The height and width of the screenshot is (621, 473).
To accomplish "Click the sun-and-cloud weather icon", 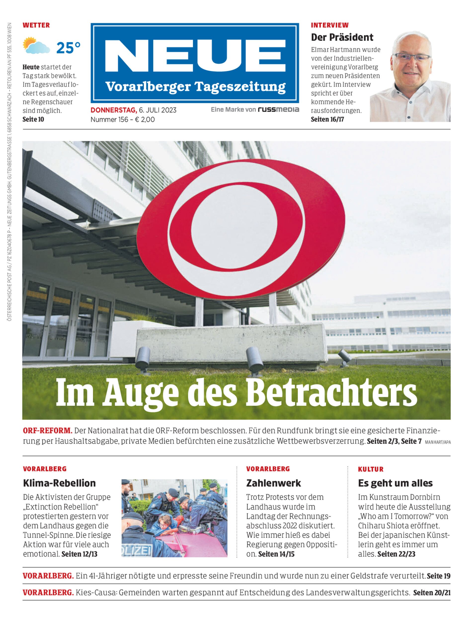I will [36, 46].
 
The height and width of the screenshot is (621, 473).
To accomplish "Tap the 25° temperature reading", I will [68, 48].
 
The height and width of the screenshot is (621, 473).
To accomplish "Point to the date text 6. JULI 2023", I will [158, 110].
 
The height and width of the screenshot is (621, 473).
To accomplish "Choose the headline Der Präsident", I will [342, 37].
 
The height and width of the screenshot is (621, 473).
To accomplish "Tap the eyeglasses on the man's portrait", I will [411, 57].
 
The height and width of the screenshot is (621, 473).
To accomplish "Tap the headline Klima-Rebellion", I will [59, 483].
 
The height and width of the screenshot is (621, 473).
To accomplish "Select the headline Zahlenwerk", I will [273, 483].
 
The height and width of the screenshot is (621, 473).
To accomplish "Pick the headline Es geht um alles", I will [395, 483].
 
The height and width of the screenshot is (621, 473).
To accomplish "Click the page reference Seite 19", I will [438, 576].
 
